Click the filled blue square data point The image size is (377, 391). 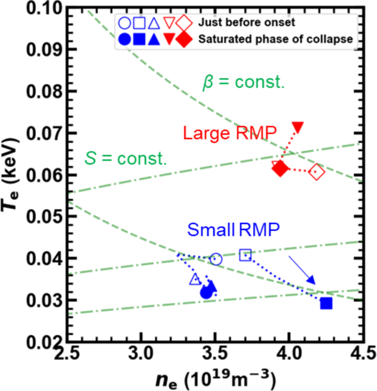326,303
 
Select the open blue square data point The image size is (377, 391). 245,254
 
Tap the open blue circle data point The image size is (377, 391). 216,259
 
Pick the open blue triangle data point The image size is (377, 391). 194,280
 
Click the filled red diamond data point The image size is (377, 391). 281,169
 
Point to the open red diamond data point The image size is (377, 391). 316,172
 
